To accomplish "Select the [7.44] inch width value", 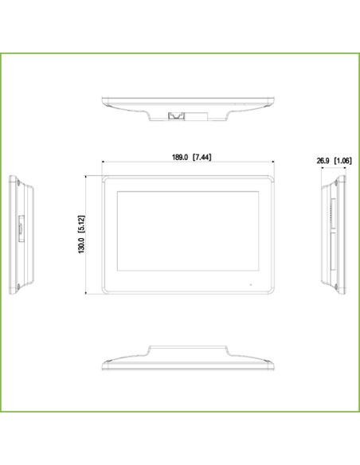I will pos(202,158).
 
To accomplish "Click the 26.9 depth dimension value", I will pos(323,161).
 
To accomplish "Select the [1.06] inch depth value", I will pos(343,161).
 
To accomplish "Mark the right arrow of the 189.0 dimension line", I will pos(275,164).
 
